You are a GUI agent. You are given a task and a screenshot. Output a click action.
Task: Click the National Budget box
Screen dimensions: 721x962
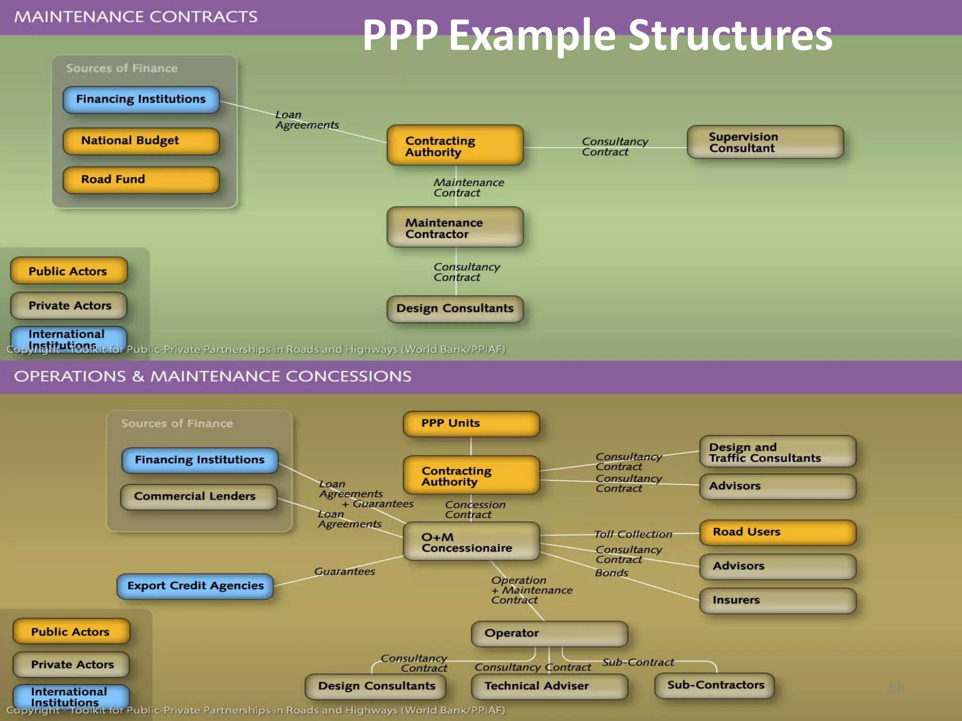click(141, 141)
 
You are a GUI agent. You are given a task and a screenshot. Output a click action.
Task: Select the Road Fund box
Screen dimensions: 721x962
click(141, 180)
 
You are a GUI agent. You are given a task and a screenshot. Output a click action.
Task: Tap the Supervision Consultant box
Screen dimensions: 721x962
click(765, 142)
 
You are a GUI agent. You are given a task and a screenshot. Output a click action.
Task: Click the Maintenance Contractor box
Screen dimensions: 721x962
click(455, 228)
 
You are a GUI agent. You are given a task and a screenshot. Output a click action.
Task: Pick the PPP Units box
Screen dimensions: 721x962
click(471, 423)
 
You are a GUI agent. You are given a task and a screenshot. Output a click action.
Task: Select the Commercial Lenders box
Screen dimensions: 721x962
click(199, 497)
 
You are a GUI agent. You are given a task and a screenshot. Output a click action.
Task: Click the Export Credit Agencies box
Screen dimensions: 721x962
click(195, 586)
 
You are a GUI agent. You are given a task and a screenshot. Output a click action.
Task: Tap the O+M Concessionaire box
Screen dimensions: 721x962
click(471, 542)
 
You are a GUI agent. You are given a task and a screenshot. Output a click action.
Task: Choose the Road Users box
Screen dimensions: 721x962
click(777, 532)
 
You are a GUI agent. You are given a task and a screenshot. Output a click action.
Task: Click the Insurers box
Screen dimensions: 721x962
click(777, 600)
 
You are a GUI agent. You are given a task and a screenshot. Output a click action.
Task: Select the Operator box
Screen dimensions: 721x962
click(549, 633)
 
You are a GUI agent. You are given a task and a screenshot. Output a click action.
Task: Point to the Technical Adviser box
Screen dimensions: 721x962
click(549, 686)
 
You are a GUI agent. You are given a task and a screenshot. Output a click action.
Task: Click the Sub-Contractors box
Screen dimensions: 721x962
click(714, 685)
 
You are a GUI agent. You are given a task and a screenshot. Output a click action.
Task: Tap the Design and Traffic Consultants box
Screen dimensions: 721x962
click(777, 452)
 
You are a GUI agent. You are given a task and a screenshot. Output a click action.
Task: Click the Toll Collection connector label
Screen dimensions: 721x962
click(633, 534)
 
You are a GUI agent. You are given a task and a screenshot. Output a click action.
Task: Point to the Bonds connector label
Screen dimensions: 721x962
click(611, 573)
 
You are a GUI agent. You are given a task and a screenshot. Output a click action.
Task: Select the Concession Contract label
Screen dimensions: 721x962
click(474, 509)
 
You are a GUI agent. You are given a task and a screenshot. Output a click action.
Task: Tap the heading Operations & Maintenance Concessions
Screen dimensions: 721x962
click(212, 376)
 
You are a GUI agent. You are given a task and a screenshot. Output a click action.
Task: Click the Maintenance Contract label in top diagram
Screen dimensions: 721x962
click(468, 187)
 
